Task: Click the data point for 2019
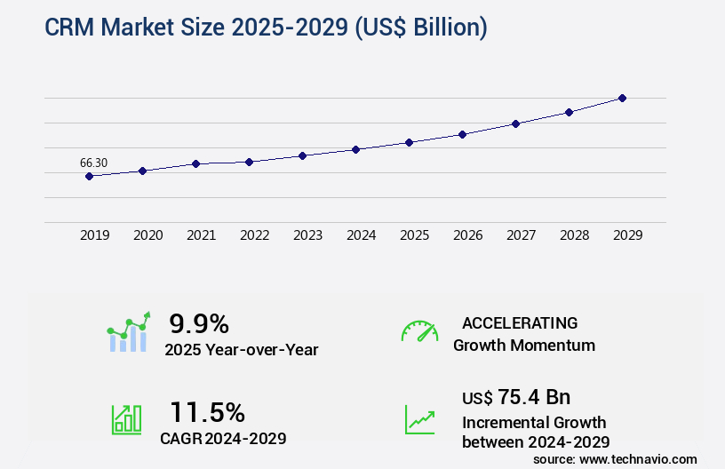[x=89, y=176]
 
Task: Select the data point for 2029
[x=622, y=98]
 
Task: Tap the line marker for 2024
[x=355, y=149]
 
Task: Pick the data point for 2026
[x=462, y=134]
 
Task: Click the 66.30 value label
[x=93, y=163]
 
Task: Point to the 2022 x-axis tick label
[x=254, y=235]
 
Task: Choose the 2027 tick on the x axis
[x=521, y=235]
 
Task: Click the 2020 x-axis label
[x=147, y=235]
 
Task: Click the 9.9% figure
[x=199, y=322]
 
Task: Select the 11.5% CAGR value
[x=207, y=411]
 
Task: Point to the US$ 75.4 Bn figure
[x=516, y=396]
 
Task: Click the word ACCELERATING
[x=520, y=322]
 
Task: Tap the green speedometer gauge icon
[x=419, y=331]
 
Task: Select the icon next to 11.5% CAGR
[x=127, y=419]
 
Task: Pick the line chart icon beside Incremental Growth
[x=419, y=419]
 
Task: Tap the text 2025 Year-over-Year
[x=242, y=350]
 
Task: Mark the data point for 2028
[x=569, y=112]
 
